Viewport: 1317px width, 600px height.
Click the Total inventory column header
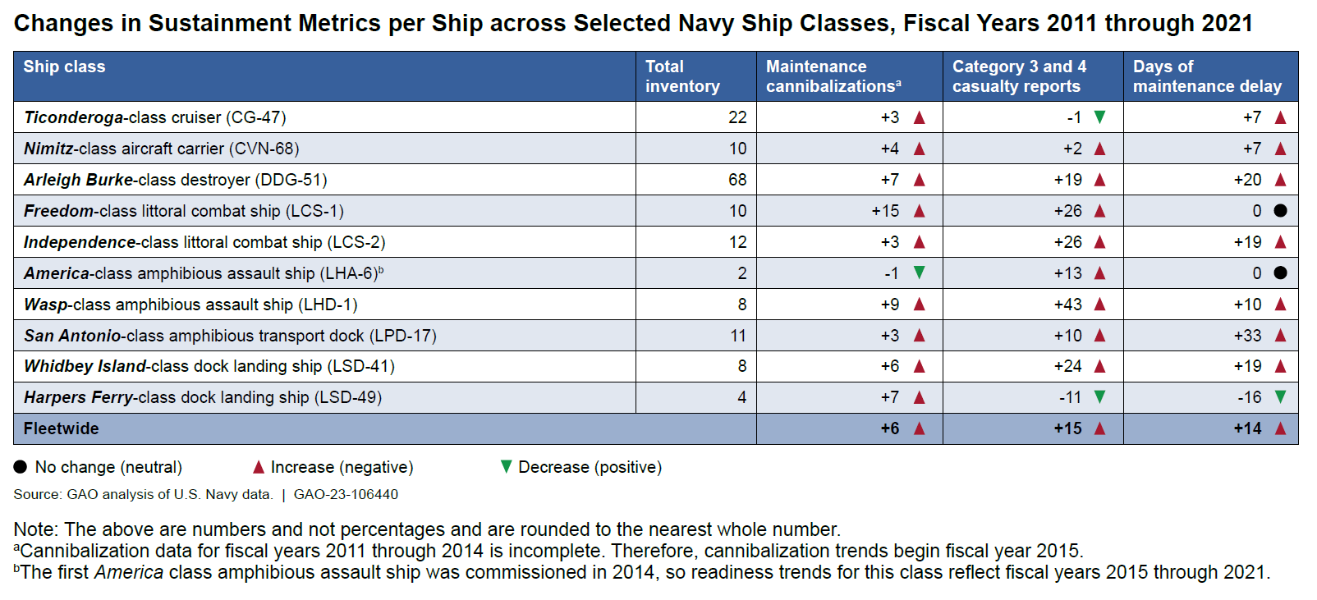(x=682, y=76)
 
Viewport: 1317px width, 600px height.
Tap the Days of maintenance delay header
(x=1207, y=76)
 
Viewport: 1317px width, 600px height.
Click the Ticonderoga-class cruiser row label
(x=155, y=117)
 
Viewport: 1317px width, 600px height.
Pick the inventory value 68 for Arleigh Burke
(x=737, y=180)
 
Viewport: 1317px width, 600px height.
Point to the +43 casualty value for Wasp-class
(x=1067, y=305)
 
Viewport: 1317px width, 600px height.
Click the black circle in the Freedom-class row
(x=1280, y=211)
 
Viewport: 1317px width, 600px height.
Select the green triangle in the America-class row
(x=920, y=273)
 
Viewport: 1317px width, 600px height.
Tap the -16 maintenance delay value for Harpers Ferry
(x=1249, y=397)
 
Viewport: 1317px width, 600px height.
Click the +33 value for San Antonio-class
(x=1247, y=336)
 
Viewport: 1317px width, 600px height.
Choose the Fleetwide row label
(x=62, y=428)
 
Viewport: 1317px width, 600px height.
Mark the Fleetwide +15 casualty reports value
(x=1067, y=428)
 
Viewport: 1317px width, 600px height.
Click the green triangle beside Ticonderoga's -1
(x=1100, y=117)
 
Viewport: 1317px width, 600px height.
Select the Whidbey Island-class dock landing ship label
(x=209, y=366)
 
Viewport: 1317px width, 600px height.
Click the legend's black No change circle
(x=21, y=467)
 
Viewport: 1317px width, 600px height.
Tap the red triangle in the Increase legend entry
(x=259, y=467)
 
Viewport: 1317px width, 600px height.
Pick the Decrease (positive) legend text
(x=590, y=467)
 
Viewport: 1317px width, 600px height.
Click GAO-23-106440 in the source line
(x=346, y=494)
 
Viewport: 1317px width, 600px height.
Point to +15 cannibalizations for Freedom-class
(x=885, y=211)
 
